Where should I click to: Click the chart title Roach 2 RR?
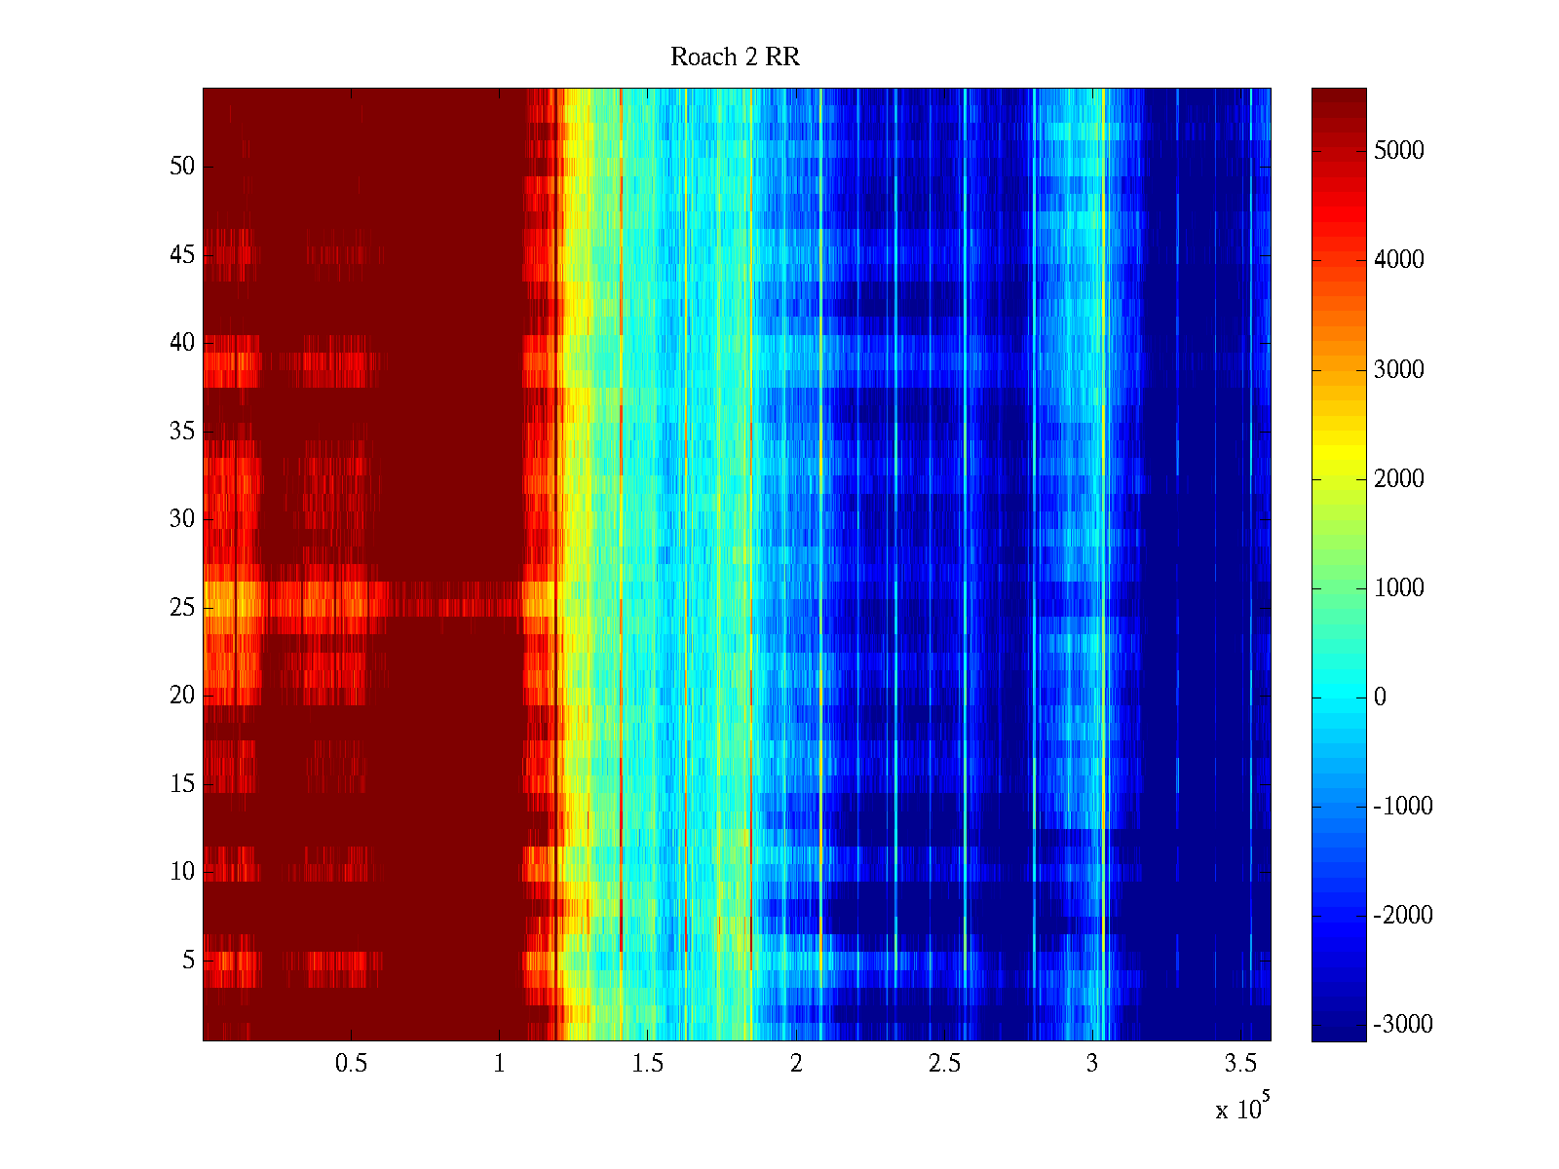pyautogui.click(x=735, y=57)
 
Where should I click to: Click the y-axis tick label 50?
pyautogui.click(x=182, y=167)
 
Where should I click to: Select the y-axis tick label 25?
pyautogui.click(x=182, y=608)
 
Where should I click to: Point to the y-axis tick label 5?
pyautogui.click(x=188, y=961)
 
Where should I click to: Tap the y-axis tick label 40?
pyautogui.click(x=182, y=343)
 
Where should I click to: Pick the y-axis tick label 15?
pyautogui.click(x=182, y=784)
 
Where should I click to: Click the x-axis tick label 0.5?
pyautogui.click(x=351, y=1064)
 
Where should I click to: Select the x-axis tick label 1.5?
pyautogui.click(x=647, y=1064)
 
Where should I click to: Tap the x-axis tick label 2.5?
pyautogui.click(x=943, y=1064)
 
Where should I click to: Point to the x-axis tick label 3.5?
pyautogui.click(x=1240, y=1064)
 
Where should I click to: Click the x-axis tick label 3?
pyautogui.click(x=1092, y=1064)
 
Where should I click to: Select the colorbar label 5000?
pyautogui.click(x=1399, y=151)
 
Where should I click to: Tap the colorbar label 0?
pyautogui.click(x=1380, y=698)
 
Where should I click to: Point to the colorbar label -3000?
pyautogui.click(x=1403, y=1025)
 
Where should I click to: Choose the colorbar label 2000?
pyautogui.click(x=1399, y=479)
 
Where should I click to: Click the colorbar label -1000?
pyautogui.click(x=1403, y=807)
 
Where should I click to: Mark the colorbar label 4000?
pyautogui.click(x=1399, y=260)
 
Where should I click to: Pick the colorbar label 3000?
pyautogui.click(x=1399, y=370)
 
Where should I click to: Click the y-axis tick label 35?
pyautogui.click(x=182, y=432)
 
